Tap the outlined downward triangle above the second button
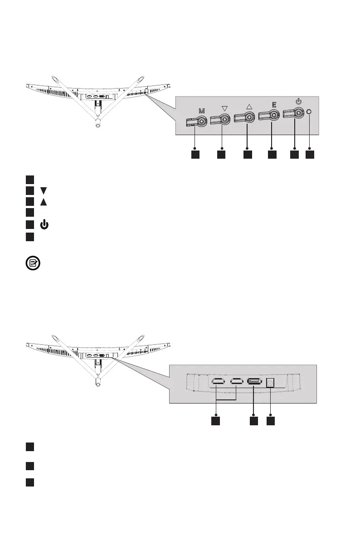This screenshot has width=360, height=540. point(224,109)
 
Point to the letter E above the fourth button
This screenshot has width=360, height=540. point(273,104)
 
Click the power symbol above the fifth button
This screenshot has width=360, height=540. point(298,102)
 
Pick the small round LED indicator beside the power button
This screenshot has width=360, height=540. point(309,111)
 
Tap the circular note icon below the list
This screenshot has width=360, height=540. point(33,263)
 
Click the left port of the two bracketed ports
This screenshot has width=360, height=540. point(217,382)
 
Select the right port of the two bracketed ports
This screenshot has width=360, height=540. point(237,382)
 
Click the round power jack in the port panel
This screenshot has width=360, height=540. point(270,383)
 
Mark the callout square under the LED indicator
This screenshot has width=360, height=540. point(309,155)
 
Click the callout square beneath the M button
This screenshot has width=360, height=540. point(195,155)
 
